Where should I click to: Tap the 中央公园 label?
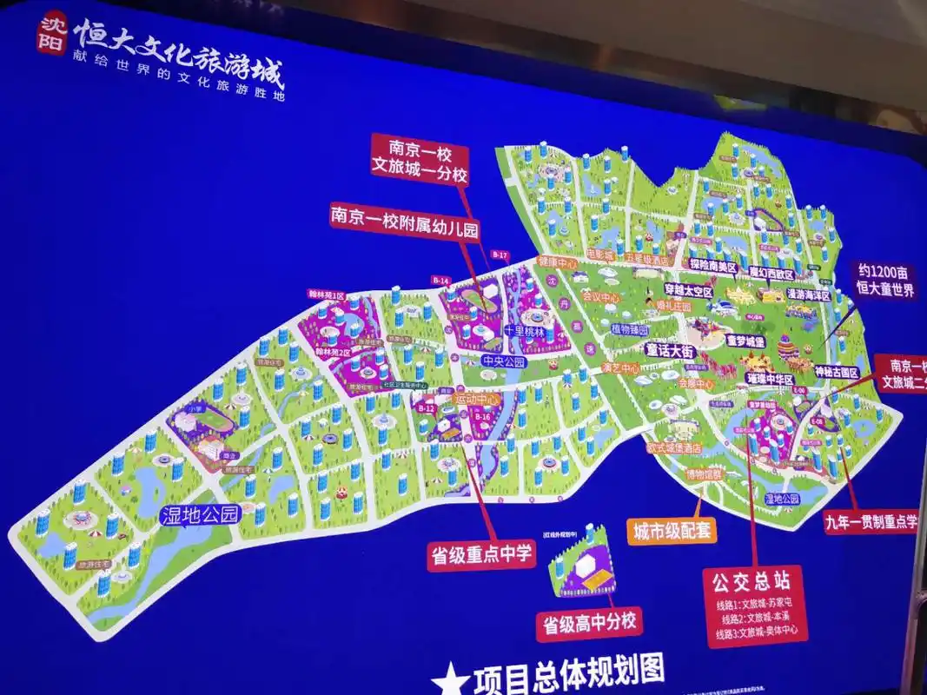(503, 361)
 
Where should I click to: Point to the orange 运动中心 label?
(477, 399)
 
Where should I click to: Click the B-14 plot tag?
(440, 281)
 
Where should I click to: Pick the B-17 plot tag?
(499, 255)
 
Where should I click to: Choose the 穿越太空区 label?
(688, 292)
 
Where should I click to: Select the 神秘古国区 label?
(836, 373)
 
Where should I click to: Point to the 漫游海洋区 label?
(808, 295)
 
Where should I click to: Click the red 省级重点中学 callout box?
(481, 553)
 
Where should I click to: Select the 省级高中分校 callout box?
(588, 624)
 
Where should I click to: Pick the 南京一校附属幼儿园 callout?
(405, 215)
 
